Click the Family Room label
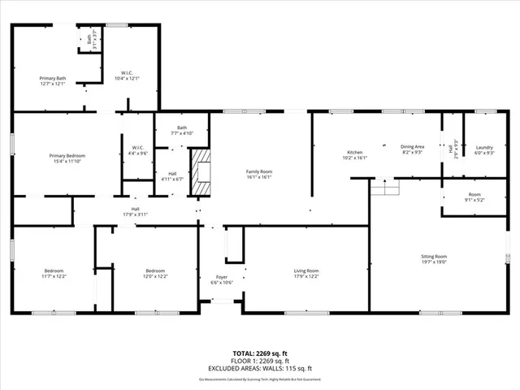click(x=259, y=174)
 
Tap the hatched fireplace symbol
click(x=200, y=172)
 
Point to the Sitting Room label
click(x=458, y=259)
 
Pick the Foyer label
click(x=222, y=280)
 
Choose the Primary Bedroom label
click(x=67, y=158)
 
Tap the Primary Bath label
click(x=53, y=80)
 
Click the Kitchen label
click(x=355, y=155)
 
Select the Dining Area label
click(x=413, y=149)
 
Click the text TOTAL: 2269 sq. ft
click(x=259, y=353)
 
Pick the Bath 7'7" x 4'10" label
click(x=182, y=130)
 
